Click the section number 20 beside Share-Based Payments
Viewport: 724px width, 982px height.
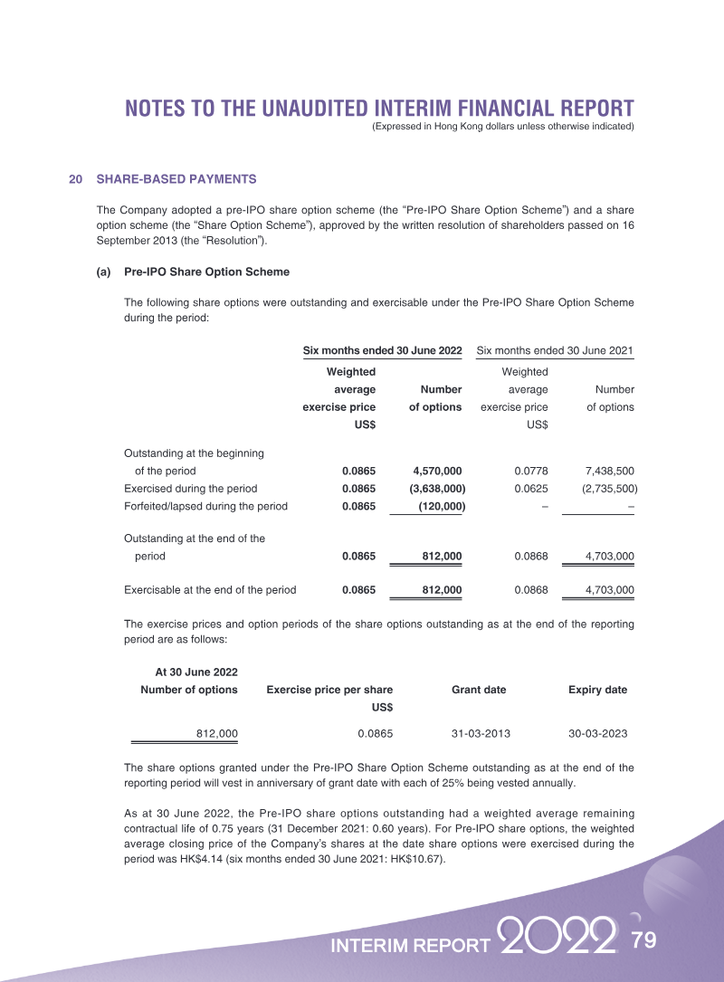pos(76,179)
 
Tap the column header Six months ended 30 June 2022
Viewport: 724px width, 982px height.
pos(382,350)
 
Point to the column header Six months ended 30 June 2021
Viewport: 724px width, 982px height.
pos(554,350)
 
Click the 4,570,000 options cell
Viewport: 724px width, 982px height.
pos(437,471)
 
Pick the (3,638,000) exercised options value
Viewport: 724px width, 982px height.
pos(437,489)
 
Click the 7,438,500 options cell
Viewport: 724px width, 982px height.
pos(610,471)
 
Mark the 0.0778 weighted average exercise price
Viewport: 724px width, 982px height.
pos(531,471)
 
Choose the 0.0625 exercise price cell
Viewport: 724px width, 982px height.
pos(531,489)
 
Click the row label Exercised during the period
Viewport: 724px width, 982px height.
pos(190,489)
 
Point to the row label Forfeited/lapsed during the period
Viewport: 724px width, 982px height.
pos(205,506)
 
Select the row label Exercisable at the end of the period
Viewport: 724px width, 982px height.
pos(209,590)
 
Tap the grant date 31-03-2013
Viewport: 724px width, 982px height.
pos(479,733)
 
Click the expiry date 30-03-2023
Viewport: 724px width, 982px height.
pos(597,733)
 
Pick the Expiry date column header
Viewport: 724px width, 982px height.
pos(597,690)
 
